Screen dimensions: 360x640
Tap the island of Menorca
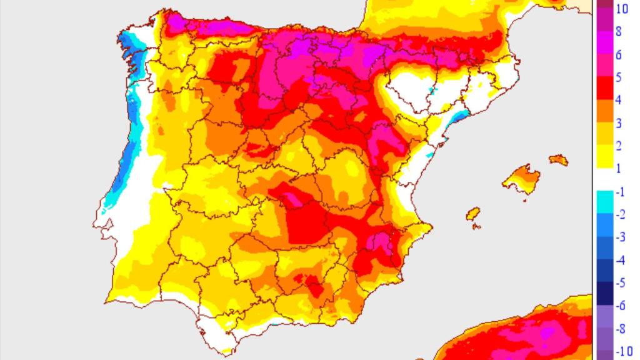559,159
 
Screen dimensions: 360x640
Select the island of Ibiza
474,214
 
